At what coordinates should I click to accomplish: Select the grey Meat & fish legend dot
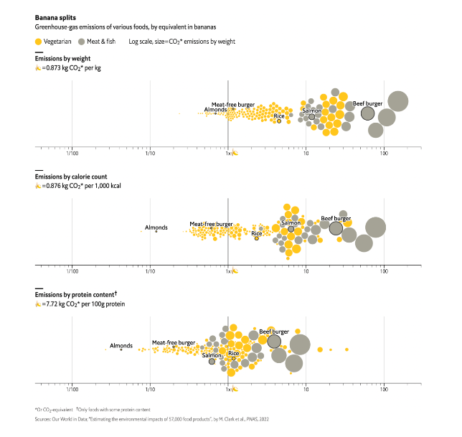click(x=82, y=42)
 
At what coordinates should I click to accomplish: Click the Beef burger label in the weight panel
click(x=367, y=103)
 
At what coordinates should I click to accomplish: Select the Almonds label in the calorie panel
click(x=156, y=227)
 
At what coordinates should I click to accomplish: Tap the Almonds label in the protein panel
click(x=121, y=345)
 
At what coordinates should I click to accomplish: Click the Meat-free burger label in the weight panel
click(x=233, y=104)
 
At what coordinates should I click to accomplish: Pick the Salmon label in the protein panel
click(x=212, y=355)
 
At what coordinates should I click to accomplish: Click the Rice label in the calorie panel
click(x=256, y=232)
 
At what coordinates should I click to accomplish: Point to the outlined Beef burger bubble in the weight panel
click(x=368, y=113)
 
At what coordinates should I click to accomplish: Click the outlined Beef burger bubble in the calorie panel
click(x=336, y=228)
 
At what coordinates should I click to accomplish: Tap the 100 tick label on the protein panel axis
click(x=385, y=391)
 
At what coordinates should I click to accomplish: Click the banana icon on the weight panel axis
click(x=235, y=154)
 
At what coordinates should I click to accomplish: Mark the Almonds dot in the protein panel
click(x=121, y=349)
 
